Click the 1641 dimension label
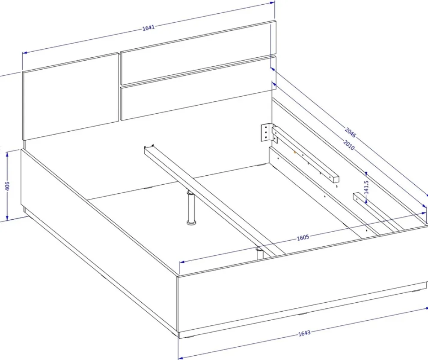point(149,27)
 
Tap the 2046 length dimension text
point(351,132)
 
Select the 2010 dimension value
point(348,145)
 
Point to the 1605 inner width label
point(303,238)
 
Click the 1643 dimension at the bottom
point(304,333)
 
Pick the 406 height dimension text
point(7,186)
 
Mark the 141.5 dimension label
point(366,187)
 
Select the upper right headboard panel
point(198,52)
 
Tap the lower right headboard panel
point(198,88)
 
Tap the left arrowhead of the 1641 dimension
point(24,53)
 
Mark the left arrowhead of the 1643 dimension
point(180,357)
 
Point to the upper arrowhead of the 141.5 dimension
point(366,174)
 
